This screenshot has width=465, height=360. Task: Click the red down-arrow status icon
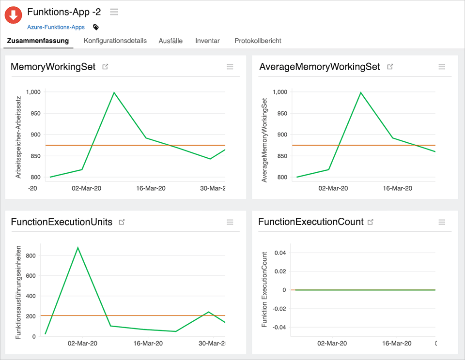tap(14, 15)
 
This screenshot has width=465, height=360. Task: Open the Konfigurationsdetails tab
tap(115, 41)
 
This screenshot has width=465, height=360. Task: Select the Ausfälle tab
tap(170, 41)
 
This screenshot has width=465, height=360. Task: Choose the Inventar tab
tap(207, 41)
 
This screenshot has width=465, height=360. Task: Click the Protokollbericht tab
tap(258, 41)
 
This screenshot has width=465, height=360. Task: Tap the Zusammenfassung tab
tap(38, 41)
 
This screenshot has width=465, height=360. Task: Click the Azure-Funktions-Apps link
tap(56, 27)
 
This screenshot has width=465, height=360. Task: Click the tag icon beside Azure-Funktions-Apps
tap(96, 27)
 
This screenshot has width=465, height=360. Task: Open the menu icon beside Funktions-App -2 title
tap(114, 12)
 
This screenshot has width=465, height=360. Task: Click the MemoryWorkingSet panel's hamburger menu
tap(230, 67)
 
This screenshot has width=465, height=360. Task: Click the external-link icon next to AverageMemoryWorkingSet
tap(390, 67)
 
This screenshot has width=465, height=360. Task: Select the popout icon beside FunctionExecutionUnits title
tap(122, 222)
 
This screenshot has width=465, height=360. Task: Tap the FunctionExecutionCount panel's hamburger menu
tap(442, 222)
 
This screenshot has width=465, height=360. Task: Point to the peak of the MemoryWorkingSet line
tap(114, 92)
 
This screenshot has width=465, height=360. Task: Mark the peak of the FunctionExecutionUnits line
tap(77, 247)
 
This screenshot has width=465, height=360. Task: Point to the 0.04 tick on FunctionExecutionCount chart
tap(280, 253)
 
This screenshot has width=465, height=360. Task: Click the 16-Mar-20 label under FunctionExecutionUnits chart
tap(148, 344)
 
